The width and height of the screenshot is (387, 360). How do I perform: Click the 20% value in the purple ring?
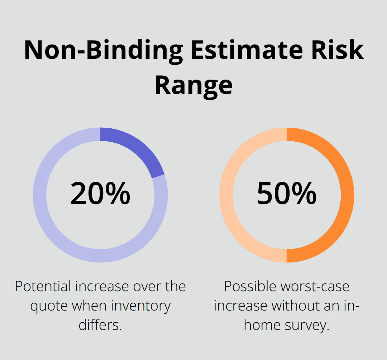tap(100, 194)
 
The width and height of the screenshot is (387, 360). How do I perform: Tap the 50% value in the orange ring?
tap(287, 194)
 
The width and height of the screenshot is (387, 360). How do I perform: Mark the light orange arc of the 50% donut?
tap(226, 195)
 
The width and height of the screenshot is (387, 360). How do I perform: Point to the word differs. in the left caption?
tap(100, 326)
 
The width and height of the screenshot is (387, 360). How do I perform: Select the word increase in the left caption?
tap(101, 286)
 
